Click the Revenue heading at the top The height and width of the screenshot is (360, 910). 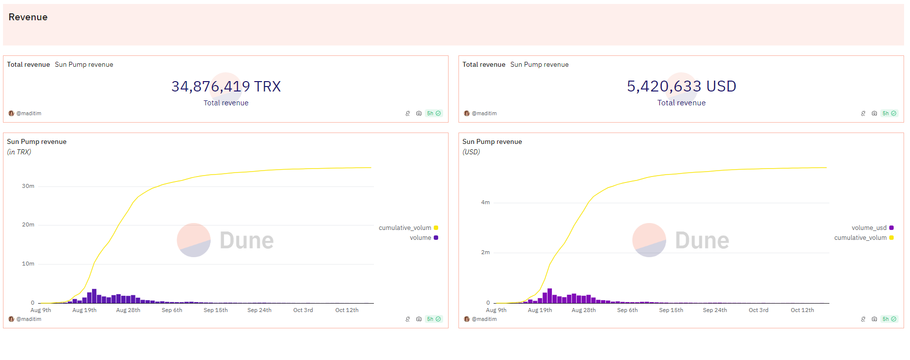point(28,17)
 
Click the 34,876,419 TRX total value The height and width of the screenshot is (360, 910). point(226,87)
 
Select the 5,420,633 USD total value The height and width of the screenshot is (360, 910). point(682,87)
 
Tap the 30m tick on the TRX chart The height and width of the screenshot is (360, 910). point(28,186)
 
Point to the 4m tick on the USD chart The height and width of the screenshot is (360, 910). point(485,203)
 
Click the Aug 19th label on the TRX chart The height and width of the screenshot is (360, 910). point(85,311)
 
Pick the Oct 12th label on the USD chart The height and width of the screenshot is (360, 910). point(802,311)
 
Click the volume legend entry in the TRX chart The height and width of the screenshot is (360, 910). point(420,238)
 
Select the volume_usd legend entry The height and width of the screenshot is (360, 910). point(869,228)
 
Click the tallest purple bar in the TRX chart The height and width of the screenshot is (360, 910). point(94,296)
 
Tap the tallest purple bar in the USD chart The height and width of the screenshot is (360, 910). point(549,296)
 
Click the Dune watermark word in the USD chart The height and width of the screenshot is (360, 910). point(702,241)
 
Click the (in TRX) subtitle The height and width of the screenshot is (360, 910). point(19,152)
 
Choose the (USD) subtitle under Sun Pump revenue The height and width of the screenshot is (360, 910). point(471,152)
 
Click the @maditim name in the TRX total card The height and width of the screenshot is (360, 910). point(29,114)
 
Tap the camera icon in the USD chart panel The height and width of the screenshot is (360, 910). point(874,319)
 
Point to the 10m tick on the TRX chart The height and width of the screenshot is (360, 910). point(28,264)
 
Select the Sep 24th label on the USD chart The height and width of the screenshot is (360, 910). point(715,311)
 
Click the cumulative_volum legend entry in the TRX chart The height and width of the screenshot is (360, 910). point(405,228)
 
